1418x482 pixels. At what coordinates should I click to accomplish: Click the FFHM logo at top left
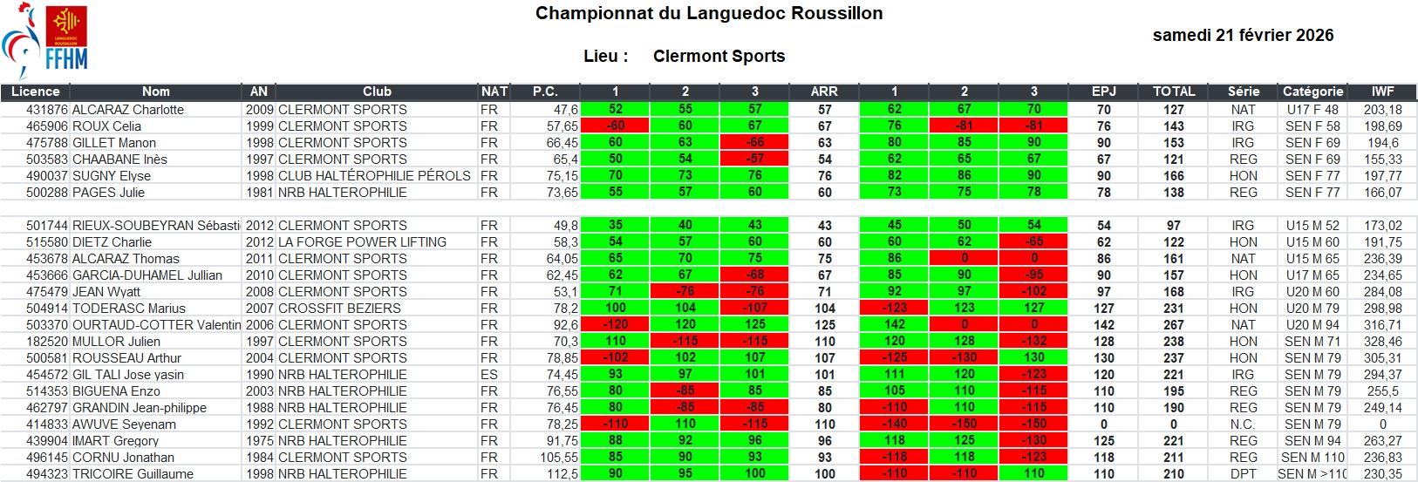[x=45, y=41]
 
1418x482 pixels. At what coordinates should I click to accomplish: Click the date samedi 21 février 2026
[x=1243, y=35]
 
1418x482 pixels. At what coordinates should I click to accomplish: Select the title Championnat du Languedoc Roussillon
[x=709, y=13]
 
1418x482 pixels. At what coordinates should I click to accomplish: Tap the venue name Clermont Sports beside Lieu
[x=719, y=56]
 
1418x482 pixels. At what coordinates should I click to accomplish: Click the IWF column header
[x=1382, y=92]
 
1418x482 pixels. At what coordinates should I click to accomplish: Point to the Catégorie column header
[x=1312, y=92]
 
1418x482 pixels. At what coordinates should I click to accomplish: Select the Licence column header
[x=35, y=92]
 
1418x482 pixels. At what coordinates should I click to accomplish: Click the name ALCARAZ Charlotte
[x=127, y=110]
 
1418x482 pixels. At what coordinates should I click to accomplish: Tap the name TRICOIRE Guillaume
[x=133, y=474]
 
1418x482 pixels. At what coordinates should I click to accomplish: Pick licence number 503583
[x=47, y=160]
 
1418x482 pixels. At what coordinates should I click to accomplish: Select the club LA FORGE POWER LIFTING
[x=362, y=242]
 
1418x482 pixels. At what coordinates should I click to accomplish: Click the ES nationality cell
[x=488, y=375]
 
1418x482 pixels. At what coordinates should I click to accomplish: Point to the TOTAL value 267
[x=1174, y=325]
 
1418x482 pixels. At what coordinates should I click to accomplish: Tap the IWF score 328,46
[x=1382, y=342]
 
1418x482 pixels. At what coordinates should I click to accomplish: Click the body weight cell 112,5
[x=562, y=474]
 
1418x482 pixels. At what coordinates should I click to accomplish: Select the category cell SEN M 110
[x=1312, y=458]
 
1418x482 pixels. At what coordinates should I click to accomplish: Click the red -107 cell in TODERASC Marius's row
[x=754, y=309]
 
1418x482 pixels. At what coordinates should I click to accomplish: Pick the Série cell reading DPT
[x=1243, y=474]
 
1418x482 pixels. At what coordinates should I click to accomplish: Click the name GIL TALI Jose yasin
[x=127, y=375]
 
